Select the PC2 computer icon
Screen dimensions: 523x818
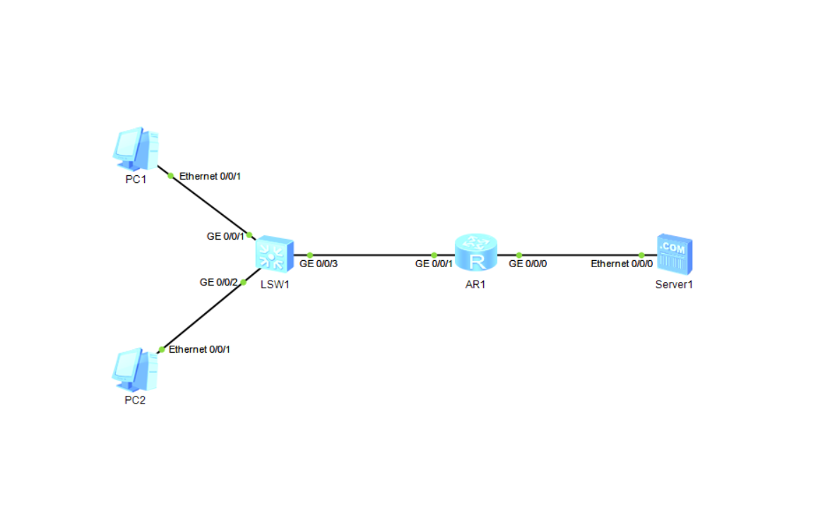pyautogui.click(x=135, y=370)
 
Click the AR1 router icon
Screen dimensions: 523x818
pyautogui.click(x=476, y=253)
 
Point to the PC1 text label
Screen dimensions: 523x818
pyautogui.click(x=136, y=180)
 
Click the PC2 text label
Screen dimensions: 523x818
pyautogui.click(x=135, y=401)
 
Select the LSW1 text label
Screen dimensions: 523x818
pyautogui.click(x=274, y=286)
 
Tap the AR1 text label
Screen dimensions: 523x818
pyautogui.click(x=475, y=284)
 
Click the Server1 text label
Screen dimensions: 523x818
pyautogui.click(x=674, y=285)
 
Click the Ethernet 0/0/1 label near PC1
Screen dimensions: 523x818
pyautogui.click(x=211, y=176)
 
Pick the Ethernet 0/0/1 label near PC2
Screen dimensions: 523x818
pyautogui.click(x=200, y=349)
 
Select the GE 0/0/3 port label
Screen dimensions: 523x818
pyautogui.click(x=319, y=264)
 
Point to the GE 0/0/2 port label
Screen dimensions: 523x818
pyautogui.click(x=219, y=282)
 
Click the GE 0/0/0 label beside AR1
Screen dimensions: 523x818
pyautogui.click(x=528, y=264)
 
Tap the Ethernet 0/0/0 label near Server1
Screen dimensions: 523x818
pyautogui.click(x=622, y=264)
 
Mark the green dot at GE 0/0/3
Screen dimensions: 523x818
pyautogui.click(x=310, y=254)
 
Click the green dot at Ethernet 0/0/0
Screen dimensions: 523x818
pyautogui.click(x=641, y=254)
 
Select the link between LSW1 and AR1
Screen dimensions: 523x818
pyautogui.click(x=372, y=254)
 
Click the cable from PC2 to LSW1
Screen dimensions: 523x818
pyautogui.click(x=203, y=315)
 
